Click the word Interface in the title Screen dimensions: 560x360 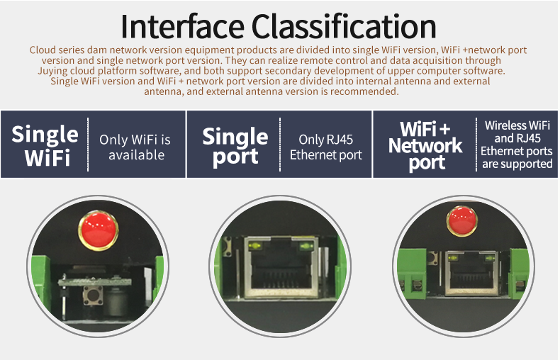[182, 26]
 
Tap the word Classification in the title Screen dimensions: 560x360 [345, 26]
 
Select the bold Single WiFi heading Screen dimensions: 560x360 [45, 145]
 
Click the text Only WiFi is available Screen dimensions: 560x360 [135, 147]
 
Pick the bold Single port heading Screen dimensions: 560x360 [235, 147]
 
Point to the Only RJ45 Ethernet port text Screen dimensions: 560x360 [325, 147]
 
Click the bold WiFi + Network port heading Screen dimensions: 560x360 [425, 146]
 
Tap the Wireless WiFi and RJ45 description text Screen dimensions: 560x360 [517, 145]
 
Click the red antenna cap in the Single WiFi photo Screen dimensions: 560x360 [99, 230]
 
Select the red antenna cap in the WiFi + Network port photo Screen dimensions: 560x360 [462, 221]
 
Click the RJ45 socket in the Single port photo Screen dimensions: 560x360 [281, 266]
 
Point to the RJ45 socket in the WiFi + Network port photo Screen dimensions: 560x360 [471, 274]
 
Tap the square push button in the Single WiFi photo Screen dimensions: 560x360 [93, 296]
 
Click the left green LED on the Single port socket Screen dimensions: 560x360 [254, 246]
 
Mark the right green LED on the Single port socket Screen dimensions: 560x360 [306, 246]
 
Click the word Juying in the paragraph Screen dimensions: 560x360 [52, 71]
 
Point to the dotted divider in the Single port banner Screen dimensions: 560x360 [280, 145]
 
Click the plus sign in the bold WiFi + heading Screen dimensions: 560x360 [444, 129]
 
